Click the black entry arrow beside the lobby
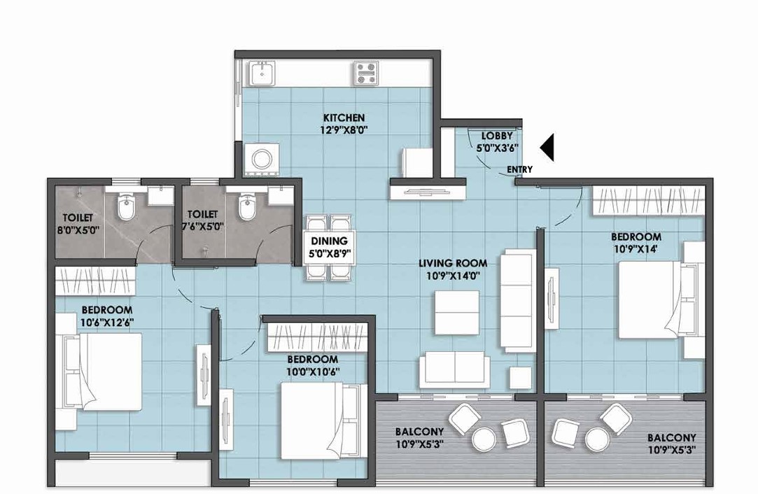click(x=548, y=148)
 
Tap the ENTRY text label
click(x=519, y=169)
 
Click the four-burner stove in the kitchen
click(x=365, y=72)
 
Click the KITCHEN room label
click(x=343, y=118)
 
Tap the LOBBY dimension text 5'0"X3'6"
click(x=498, y=148)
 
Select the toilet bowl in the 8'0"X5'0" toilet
click(x=127, y=206)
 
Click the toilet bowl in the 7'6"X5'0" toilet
click(x=246, y=206)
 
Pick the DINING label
click(x=330, y=241)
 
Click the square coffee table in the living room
click(x=456, y=311)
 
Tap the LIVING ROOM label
click(x=453, y=263)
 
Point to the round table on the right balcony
click(x=597, y=439)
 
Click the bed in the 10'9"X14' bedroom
click(x=658, y=299)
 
